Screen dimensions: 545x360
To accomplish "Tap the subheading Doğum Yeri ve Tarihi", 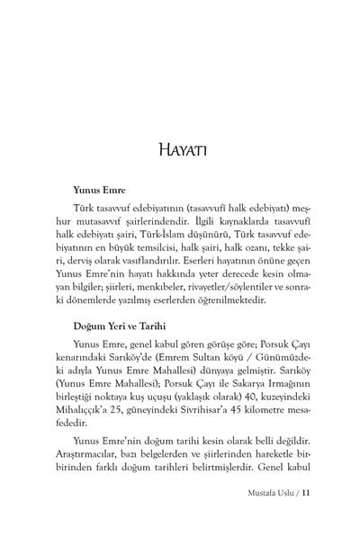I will tap(125, 328).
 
